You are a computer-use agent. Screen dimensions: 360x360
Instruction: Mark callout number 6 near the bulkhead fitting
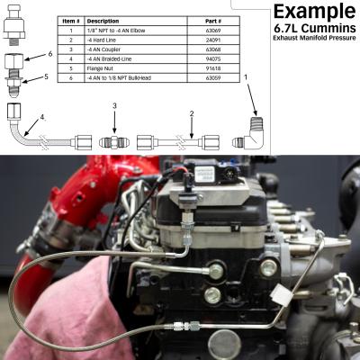click(x=49, y=55)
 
